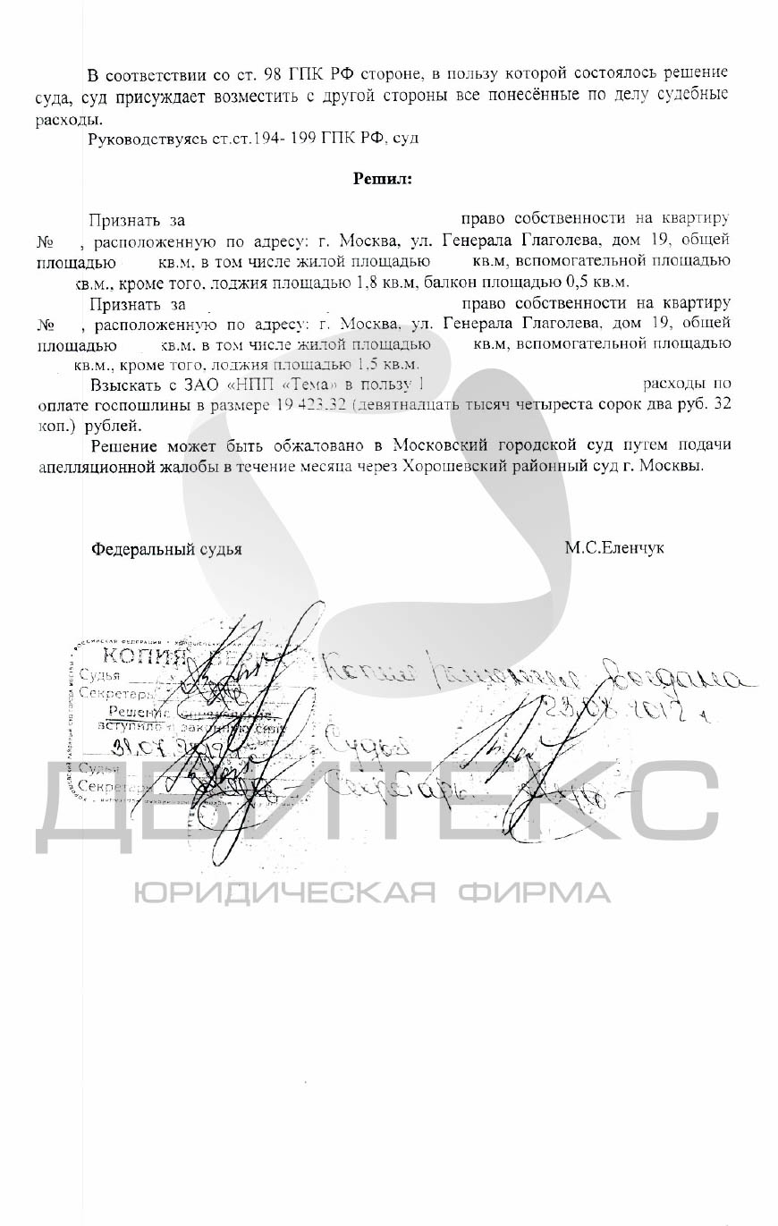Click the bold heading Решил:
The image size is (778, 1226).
click(383, 178)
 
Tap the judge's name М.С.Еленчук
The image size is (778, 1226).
click(613, 548)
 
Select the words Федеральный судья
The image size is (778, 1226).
click(166, 549)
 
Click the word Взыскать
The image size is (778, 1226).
click(126, 385)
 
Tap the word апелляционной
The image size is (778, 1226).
click(93, 466)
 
